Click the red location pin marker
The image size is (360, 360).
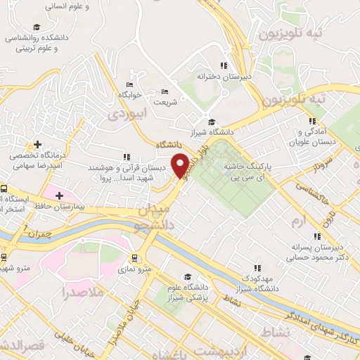click(x=181, y=165)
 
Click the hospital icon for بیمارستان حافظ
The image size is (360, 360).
click(x=59, y=195)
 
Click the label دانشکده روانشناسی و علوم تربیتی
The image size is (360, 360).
click(x=45, y=44)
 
